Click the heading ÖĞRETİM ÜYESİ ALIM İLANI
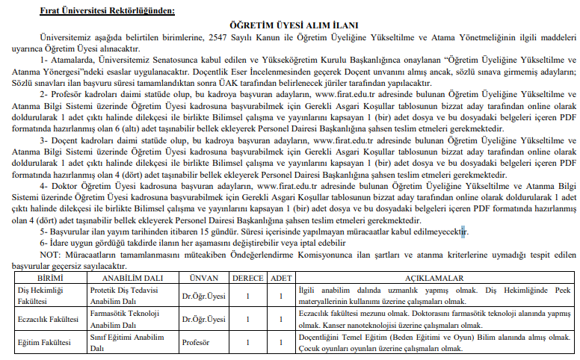click(x=289, y=26)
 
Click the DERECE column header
click(x=247, y=276)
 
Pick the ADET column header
click(x=280, y=276)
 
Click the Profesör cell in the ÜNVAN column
click(x=197, y=342)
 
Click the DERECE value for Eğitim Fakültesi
click(x=247, y=342)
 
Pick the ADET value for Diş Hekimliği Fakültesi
click(x=280, y=294)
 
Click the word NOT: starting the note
click(x=53, y=254)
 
